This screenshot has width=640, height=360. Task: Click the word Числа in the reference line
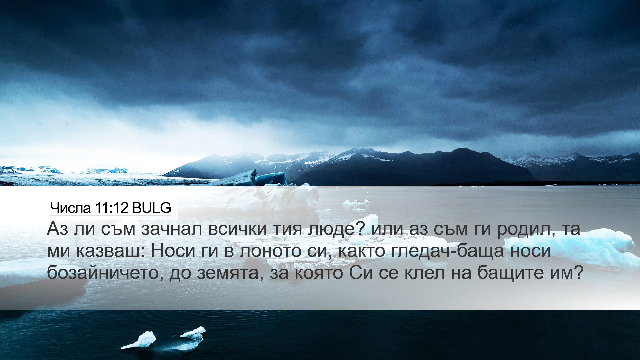coord(70,208)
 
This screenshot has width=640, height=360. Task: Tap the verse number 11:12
coord(111,208)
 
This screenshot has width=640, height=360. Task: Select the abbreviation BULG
coord(152,208)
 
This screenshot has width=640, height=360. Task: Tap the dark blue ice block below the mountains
coord(270,179)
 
